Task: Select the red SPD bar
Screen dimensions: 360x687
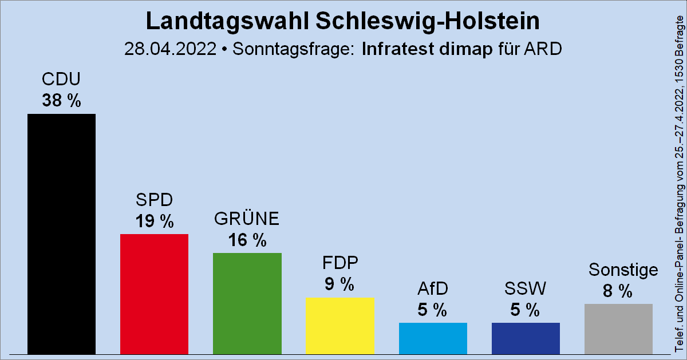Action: [x=154, y=294]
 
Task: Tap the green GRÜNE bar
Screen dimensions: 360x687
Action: [x=247, y=303]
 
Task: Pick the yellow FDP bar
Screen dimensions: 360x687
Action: [x=339, y=325]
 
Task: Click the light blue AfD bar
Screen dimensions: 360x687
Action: [x=433, y=338]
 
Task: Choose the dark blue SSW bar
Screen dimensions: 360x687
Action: [x=526, y=338]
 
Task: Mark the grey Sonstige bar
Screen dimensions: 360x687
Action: [x=618, y=329]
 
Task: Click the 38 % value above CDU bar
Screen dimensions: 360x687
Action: [x=61, y=101]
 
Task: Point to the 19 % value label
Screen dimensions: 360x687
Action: [x=154, y=221]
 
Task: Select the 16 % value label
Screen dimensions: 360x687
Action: [x=247, y=240]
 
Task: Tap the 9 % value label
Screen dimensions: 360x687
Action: [x=339, y=284]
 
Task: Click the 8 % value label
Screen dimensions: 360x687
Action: [x=618, y=291]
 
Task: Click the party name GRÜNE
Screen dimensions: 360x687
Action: [x=247, y=219]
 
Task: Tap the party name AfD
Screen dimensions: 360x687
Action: [x=433, y=288]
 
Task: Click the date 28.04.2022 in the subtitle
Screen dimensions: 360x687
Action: [x=170, y=49]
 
